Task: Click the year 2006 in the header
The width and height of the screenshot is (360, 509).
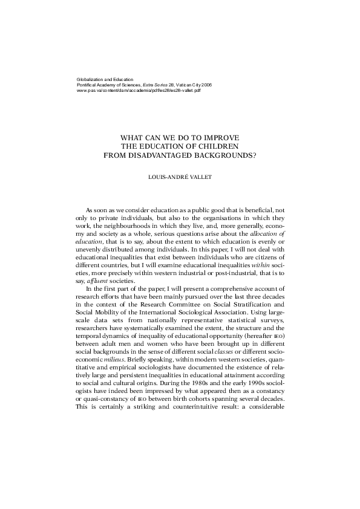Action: [x=205, y=85]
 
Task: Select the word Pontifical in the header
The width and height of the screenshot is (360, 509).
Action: [x=88, y=85]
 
